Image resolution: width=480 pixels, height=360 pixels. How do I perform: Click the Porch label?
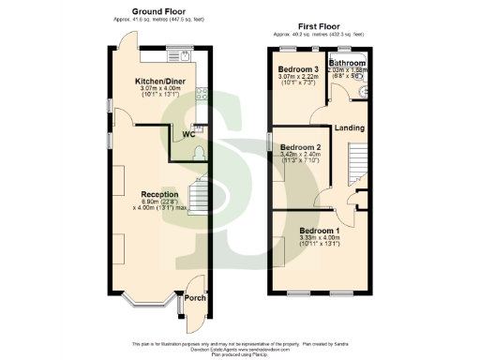pyautogui.click(x=194, y=298)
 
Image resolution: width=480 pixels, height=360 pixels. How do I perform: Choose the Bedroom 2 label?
pyautogui.click(x=301, y=147)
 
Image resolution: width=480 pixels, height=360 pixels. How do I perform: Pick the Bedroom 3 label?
pyautogui.click(x=298, y=69)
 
